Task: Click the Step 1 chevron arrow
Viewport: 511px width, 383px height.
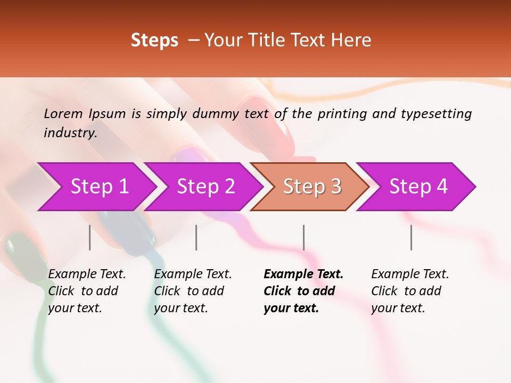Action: click(99, 187)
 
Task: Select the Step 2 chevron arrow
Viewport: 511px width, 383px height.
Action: click(205, 187)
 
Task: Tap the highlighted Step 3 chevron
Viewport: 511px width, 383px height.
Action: click(312, 187)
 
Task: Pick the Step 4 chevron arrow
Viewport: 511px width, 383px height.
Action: click(418, 187)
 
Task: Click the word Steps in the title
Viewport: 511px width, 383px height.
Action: click(154, 40)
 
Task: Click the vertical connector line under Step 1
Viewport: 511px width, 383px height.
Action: click(90, 237)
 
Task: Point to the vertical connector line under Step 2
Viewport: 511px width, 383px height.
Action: click(196, 237)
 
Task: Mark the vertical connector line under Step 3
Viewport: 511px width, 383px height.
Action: click(304, 237)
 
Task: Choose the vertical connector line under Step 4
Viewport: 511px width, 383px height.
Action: click(411, 237)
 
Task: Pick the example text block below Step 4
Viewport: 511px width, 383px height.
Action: click(410, 291)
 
